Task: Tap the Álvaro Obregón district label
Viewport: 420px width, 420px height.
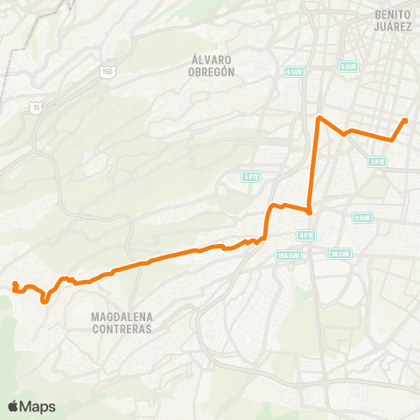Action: [213, 66]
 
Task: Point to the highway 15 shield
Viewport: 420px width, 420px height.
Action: [34, 106]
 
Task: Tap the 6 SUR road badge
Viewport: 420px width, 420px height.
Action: [292, 72]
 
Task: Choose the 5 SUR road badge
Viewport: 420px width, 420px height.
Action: [348, 66]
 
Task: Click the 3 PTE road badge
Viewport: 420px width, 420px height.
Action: [377, 161]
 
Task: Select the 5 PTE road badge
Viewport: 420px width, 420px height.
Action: [252, 177]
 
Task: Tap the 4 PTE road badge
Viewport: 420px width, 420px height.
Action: [306, 235]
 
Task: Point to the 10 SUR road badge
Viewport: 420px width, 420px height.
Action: [340, 254]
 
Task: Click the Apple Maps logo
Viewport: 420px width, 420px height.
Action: [31, 406]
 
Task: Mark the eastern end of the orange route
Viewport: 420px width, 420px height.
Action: [405, 121]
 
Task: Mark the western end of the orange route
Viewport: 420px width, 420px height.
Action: [15, 283]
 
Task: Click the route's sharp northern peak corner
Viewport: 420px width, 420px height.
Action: [318, 116]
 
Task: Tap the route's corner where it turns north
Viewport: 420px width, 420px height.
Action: [310, 212]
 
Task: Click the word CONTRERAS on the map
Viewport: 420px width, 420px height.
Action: [122, 330]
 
